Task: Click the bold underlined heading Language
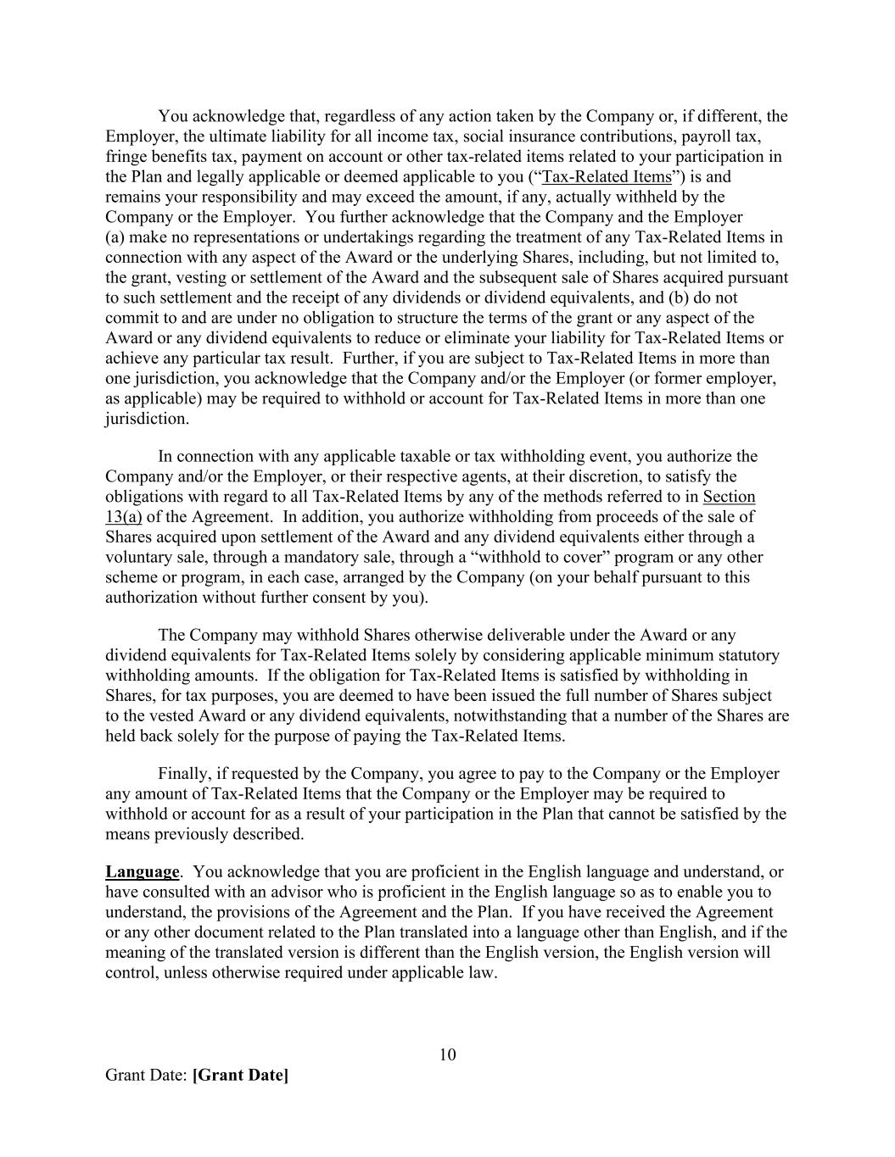coord(142,871)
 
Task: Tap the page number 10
coord(448,1054)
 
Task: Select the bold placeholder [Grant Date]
coord(241,1075)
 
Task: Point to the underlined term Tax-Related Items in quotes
coord(606,177)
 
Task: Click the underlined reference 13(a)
coord(123,517)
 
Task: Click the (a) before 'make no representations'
coord(115,237)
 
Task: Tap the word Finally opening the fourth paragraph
coord(184,774)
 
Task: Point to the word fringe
coord(125,157)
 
